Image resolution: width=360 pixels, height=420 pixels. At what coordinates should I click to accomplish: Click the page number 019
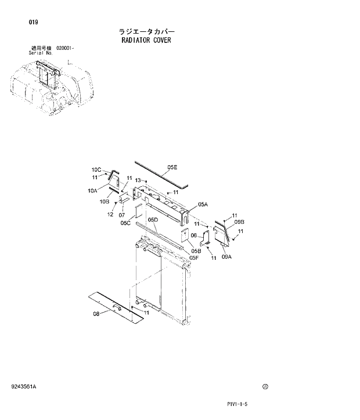[33, 22]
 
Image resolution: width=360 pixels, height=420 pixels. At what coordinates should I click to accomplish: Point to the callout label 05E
[172, 167]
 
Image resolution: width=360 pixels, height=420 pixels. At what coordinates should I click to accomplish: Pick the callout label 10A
[93, 190]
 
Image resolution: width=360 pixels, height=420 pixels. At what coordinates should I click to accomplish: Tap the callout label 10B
[105, 201]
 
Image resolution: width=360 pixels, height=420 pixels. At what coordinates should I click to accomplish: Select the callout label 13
[138, 180]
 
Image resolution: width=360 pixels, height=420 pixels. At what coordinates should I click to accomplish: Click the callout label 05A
[203, 204]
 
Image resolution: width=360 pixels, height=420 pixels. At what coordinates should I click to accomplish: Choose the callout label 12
[110, 215]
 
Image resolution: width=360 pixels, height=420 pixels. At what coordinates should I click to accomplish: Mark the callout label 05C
[125, 223]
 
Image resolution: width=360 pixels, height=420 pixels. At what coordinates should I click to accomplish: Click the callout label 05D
[153, 220]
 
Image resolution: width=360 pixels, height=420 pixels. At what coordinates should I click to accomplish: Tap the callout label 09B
[239, 222]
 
